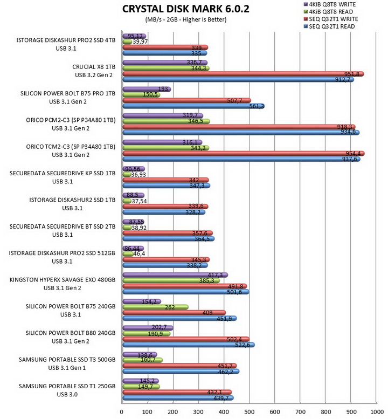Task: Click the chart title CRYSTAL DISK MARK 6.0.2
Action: tap(185, 9)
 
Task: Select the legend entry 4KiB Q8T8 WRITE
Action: tap(330, 4)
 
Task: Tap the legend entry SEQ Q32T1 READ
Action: tap(329, 26)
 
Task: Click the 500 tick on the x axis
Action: tap(249, 412)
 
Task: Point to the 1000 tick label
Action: tap(377, 412)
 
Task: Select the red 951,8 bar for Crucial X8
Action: tap(243, 74)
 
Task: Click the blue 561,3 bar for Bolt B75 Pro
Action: tap(193, 106)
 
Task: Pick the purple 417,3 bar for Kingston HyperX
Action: tap(175, 275)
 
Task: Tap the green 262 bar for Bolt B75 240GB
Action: tap(155, 307)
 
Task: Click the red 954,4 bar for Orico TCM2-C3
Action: tap(244, 153)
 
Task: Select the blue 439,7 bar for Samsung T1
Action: tap(178, 398)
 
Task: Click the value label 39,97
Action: tap(140, 42)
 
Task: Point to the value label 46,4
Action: tap(139, 253)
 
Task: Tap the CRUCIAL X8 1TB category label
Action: tap(94, 67)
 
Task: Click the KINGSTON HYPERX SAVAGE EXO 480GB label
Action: tap(63, 280)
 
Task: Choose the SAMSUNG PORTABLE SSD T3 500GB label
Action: tap(67, 360)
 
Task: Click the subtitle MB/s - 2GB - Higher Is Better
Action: tap(186, 19)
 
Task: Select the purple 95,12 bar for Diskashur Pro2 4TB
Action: tap(134, 36)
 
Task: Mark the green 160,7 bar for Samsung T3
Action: tap(143, 360)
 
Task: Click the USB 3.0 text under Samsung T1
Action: tap(67, 394)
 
